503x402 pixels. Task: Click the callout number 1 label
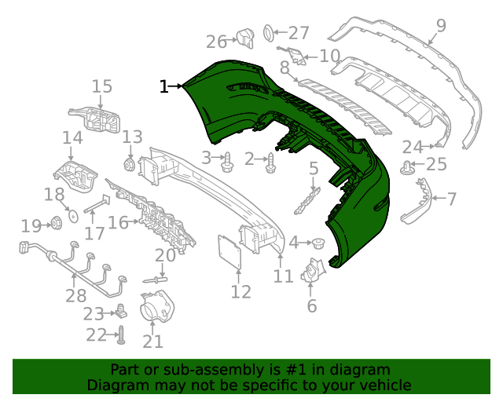point(163,86)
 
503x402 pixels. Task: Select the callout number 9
point(441,26)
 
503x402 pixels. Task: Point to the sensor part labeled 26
point(244,38)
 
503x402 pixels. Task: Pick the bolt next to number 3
point(228,162)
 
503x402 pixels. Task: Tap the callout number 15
point(102,86)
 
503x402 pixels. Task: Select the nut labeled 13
point(129,164)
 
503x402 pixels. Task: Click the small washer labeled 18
point(70,213)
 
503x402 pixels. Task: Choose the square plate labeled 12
point(229,253)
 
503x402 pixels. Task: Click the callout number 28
point(76,295)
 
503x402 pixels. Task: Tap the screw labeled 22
point(122,335)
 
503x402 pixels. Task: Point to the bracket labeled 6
point(316,272)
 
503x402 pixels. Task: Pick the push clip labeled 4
point(320,242)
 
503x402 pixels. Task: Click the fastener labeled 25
point(408,166)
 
